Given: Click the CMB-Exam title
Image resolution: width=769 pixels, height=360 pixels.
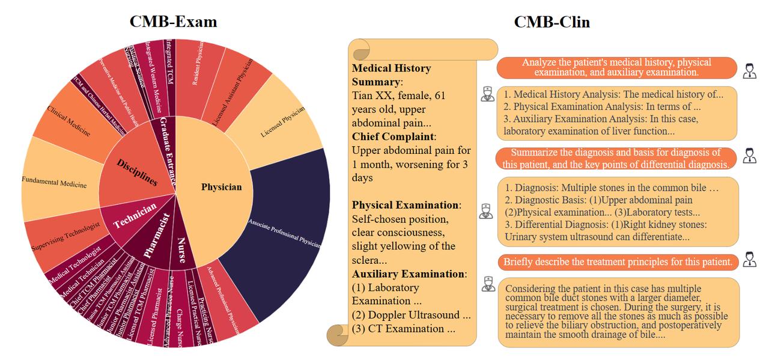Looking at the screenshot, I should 173,22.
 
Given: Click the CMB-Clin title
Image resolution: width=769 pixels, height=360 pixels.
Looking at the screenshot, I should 552,22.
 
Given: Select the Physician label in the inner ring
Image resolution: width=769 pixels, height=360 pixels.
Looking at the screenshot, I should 221,187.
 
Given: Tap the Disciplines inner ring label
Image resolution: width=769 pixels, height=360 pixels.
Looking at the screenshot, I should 137,172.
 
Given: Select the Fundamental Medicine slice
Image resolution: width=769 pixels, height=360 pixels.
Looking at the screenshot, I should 54,182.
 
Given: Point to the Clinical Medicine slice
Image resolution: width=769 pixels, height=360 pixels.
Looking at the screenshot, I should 68,120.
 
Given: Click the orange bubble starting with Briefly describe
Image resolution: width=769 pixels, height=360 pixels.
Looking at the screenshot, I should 618,262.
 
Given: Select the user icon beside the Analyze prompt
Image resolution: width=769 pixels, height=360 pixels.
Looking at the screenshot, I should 749,71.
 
